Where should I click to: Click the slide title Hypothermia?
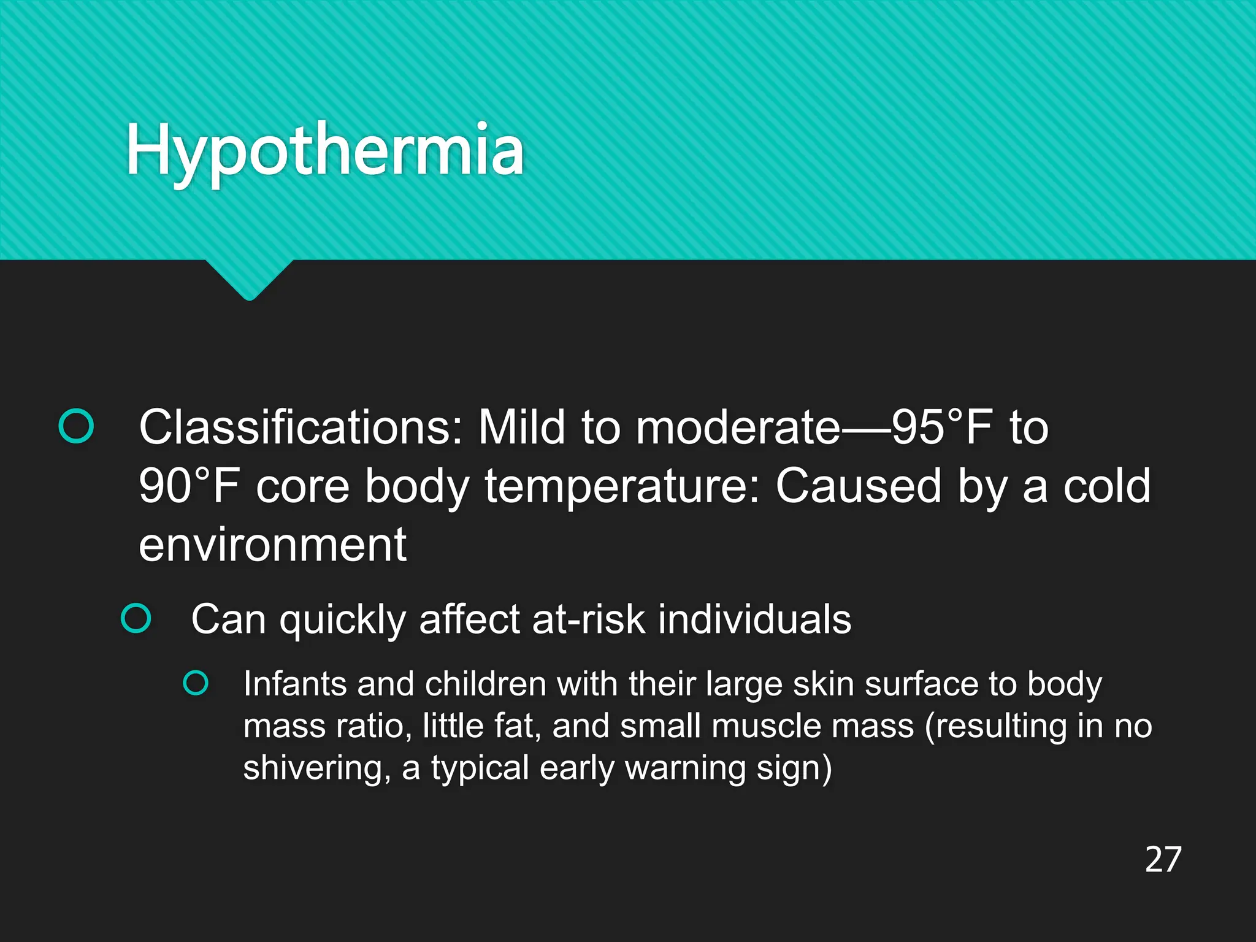[325, 151]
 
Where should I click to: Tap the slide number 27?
[1163, 860]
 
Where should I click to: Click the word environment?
[272, 545]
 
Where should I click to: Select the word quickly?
[343, 619]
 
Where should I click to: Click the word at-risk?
[589, 619]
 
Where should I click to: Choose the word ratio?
[374, 726]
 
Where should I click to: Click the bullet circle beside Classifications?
[76, 426]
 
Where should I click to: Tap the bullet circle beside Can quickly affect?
[136, 618]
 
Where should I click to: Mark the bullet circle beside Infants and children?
[196, 683]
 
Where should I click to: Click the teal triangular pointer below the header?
[249, 279]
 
